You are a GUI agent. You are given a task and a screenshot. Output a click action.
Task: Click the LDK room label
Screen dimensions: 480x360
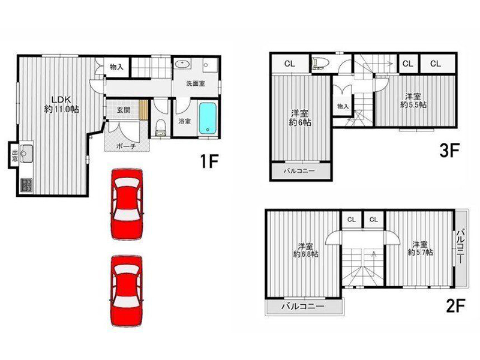click(x=61, y=100)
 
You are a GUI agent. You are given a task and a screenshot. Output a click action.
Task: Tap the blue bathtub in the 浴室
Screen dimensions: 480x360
click(x=208, y=118)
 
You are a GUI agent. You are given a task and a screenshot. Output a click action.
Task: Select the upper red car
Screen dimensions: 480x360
click(x=127, y=203)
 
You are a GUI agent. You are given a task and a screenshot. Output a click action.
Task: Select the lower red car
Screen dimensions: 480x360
click(x=127, y=291)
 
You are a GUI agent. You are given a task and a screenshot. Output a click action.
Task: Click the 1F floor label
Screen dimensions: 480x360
click(x=209, y=161)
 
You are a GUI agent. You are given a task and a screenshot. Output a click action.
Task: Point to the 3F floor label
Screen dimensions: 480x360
click(x=449, y=151)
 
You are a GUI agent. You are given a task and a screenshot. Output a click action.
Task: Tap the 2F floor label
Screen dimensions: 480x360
click(x=456, y=306)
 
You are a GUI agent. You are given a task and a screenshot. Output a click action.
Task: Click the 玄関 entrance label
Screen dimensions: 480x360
click(x=124, y=110)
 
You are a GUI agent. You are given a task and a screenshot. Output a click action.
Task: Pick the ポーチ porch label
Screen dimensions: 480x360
click(x=126, y=146)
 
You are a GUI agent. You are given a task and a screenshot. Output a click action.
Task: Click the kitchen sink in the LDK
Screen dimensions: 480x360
click(x=26, y=152)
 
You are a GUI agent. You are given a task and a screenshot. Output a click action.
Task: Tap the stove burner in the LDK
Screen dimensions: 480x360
click(x=26, y=185)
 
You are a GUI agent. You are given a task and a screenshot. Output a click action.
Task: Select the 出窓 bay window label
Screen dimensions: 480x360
click(x=14, y=155)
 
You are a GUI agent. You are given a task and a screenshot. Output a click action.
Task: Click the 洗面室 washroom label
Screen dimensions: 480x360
click(x=196, y=83)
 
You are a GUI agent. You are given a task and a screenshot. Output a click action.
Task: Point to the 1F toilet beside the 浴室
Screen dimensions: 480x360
click(x=160, y=128)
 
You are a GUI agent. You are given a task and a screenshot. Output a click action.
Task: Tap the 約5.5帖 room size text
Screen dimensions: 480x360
click(x=413, y=104)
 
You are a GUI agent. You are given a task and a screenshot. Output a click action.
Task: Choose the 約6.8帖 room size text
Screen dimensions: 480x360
click(x=305, y=254)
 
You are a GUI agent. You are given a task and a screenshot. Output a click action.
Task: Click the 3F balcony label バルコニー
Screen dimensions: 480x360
click(x=299, y=171)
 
